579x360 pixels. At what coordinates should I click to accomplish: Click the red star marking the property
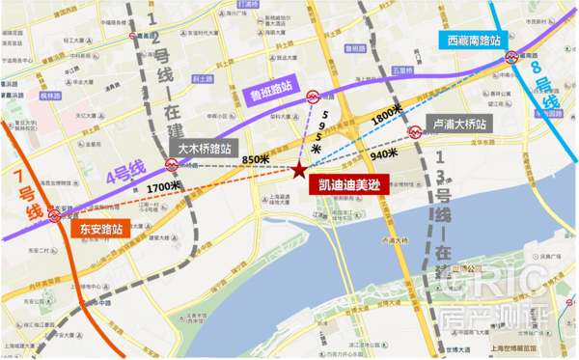(299, 171)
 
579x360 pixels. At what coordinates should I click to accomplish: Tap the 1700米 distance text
(165, 185)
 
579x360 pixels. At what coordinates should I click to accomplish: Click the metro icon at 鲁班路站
(314, 97)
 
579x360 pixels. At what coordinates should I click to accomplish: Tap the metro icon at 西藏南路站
(512, 56)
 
